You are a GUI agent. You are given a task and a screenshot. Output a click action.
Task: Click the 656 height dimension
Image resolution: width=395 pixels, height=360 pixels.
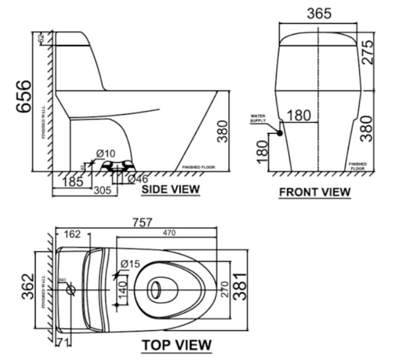click(23, 97)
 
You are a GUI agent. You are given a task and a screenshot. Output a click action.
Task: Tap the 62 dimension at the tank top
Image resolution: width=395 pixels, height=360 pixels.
click(41, 38)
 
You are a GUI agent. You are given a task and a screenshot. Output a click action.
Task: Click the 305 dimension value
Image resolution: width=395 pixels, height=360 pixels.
click(102, 191)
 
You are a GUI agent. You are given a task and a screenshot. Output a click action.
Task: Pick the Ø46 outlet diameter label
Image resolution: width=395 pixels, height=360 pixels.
click(138, 178)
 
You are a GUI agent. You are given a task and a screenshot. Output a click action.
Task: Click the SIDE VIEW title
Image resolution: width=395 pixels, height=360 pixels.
click(170, 189)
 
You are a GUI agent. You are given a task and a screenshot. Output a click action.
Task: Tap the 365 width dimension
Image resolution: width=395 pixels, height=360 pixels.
click(318, 13)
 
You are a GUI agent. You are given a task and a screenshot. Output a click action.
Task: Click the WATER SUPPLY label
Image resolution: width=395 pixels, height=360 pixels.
click(257, 118)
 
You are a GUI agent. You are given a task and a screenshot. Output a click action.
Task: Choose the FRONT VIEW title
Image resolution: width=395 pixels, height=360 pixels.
click(315, 192)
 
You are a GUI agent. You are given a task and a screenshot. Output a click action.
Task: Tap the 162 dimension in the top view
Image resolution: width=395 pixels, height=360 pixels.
click(72, 234)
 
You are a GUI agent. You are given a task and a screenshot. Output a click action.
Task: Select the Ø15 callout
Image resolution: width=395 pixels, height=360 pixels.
click(130, 264)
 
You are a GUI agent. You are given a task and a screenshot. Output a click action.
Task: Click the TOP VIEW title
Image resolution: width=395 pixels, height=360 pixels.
click(177, 345)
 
